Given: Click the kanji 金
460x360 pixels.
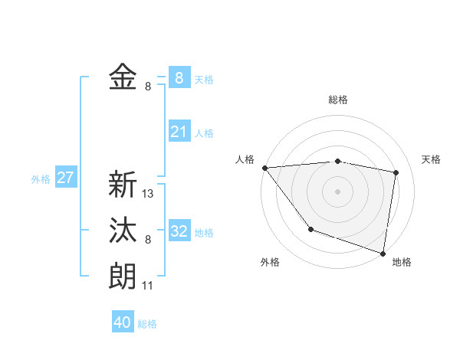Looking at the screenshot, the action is click(x=123, y=77).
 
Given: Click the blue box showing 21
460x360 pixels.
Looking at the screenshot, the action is click(x=179, y=132).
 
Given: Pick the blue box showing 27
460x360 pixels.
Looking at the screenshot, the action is click(x=65, y=178).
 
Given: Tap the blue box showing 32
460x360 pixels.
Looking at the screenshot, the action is click(x=179, y=231).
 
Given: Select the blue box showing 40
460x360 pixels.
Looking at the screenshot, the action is click(x=123, y=322).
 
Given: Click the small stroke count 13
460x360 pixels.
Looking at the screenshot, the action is click(x=149, y=194).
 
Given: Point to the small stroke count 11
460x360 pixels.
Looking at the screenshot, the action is click(x=149, y=286).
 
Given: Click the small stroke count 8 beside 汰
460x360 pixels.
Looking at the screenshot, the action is click(x=148, y=240).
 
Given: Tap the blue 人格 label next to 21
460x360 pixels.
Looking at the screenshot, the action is click(x=204, y=133).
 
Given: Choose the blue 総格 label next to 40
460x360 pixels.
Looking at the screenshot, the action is click(x=147, y=324).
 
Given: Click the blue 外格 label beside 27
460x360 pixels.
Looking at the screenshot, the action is click(x=41, y=179).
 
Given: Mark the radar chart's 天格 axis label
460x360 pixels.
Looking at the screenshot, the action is click(x=431, y=159).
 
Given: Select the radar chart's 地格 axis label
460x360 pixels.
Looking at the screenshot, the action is click(x=402, y=262).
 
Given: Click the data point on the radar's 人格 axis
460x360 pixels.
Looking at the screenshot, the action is click(x=264, y=168).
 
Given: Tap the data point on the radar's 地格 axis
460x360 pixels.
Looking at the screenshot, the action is click(x=383, y=253).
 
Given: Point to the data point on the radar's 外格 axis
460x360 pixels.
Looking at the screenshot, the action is click(x=310, y=228).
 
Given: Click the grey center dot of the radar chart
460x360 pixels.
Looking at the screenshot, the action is click(x=337, y=191).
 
